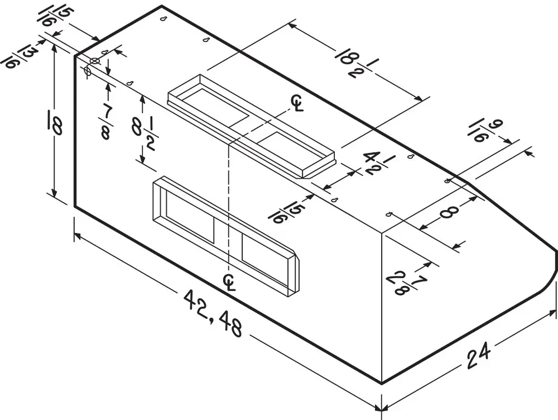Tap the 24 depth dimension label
coord(478,355)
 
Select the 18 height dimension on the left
coord(55,122)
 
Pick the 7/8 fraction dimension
coord(105,122)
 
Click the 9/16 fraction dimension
coord(486,131)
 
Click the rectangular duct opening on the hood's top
coord(251,126)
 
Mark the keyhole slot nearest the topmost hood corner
coord(164,19)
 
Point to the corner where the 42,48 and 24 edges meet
coord(382,384)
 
